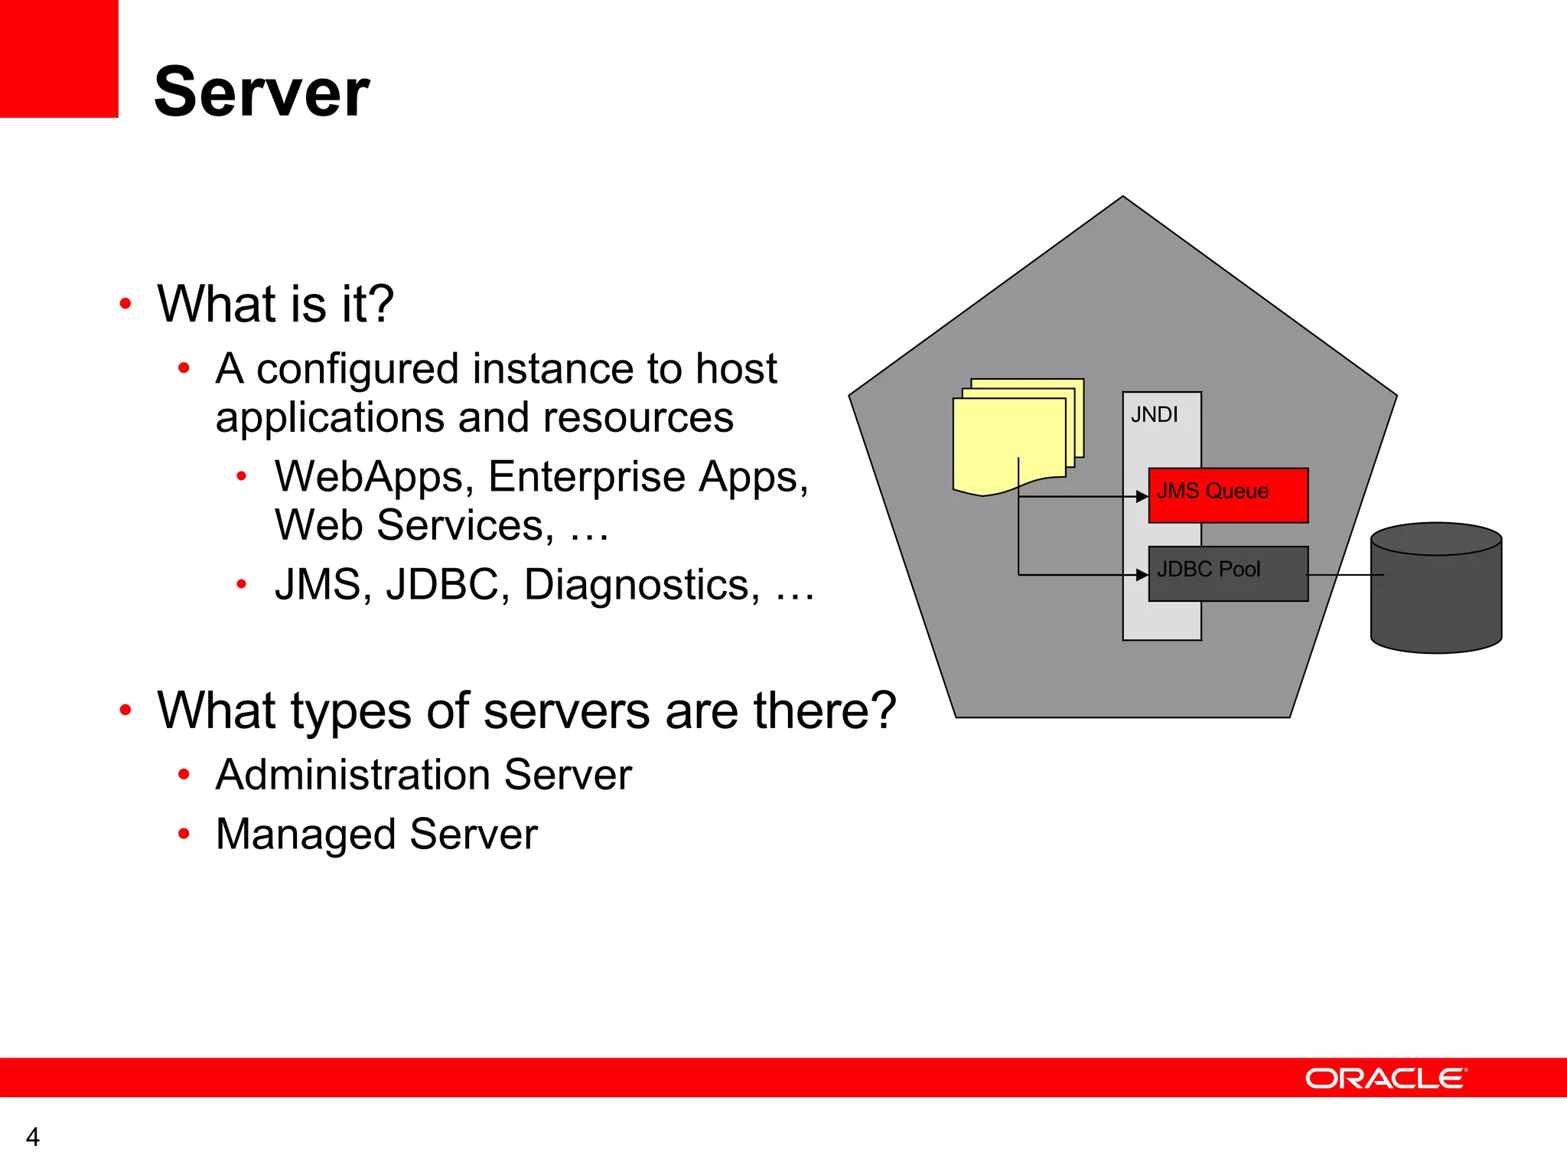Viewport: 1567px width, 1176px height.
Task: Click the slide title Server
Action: click(262, 92)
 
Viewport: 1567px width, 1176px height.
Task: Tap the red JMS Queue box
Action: click(1228, 495)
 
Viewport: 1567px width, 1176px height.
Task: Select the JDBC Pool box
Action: click(1228, 573)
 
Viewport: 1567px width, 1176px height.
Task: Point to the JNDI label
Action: click(1154, 415)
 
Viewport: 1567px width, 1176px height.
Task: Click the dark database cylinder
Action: click(1436, 590)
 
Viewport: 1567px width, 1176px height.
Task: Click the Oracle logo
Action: click(1386, 1078)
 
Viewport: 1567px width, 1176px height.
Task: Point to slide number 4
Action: click(32, 1137)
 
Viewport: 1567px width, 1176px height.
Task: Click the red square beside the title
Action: click(59, 58)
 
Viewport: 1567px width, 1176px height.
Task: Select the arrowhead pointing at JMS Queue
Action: click(1142, 497)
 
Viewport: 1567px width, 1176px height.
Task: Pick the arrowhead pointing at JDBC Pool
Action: click(1142, 575)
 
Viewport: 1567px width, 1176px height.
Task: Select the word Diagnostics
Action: click(642, 586)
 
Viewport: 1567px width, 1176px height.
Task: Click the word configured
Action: click(357, 370)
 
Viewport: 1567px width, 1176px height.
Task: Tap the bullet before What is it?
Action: click(126, 304)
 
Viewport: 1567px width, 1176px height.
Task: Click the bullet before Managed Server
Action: click(184, 834)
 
